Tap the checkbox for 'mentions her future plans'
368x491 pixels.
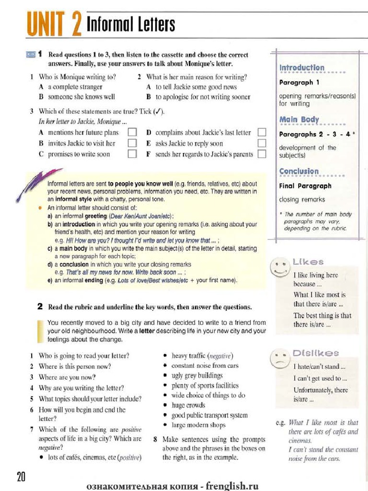pyautogui.click(x=132, y=132)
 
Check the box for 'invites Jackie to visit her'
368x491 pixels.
pyautogui.click(x=132, y=143)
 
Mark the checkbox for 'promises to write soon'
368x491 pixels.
pyautogui.click(x=132, y=154)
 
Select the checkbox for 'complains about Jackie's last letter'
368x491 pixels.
pyautogui.click(x=262, y=132)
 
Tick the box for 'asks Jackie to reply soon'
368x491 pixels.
pyautogui.click(x=262, y=143)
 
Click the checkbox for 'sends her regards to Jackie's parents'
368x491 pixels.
pyautogui.click(x=262, y=154)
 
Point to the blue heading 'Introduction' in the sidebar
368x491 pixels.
pyautogui.click(x=302, y=68)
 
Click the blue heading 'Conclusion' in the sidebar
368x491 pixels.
pyautogui.click(x=299, y=171)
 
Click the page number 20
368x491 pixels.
pyautogui.click(x=21, y=477)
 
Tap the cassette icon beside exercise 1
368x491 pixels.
pyautogui.click(x=30, y=55)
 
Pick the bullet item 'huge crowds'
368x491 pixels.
pyautogui.click(x=185, y=405)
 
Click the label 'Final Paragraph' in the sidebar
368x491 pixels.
pyautogui.click(x=305, y=186)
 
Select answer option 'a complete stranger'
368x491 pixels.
pyautogui.click(x=75, y=87)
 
